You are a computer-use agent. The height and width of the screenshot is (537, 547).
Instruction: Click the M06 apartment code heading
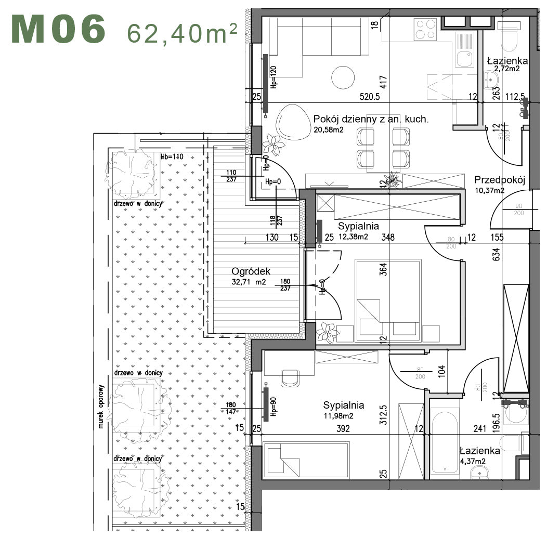59,30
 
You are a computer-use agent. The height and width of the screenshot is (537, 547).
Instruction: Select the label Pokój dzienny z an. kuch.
371,119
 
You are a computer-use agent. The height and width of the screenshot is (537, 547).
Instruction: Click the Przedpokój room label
500,180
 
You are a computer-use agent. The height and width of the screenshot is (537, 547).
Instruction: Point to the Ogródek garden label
251,271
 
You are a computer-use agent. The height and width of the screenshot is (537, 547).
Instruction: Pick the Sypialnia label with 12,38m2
359,227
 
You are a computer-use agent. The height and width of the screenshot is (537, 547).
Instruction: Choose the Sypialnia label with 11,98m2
343,405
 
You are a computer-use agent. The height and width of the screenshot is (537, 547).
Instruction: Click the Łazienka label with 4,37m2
479,451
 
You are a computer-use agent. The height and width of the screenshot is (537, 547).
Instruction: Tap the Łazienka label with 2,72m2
507,61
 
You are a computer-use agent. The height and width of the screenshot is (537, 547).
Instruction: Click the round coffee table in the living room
343,77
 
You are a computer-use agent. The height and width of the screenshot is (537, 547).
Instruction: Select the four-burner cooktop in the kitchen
426,30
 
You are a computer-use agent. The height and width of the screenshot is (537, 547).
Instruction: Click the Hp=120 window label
273,77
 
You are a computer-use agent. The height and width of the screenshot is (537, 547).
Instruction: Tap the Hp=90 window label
273,407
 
